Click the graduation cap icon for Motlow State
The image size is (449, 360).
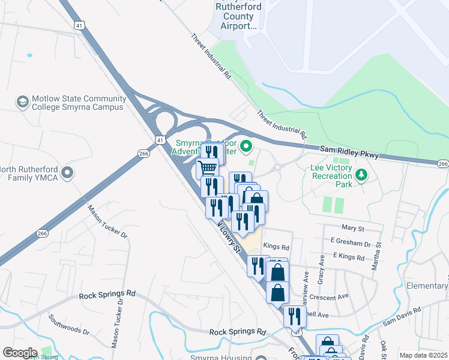[23, 101]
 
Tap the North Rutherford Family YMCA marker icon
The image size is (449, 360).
[67, 173]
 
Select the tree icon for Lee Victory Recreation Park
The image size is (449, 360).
[361, 175]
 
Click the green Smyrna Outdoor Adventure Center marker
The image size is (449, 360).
[246, 146]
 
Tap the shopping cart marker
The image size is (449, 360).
[208, 169]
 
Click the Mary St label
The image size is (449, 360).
[352, 229]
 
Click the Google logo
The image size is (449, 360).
[20, 353]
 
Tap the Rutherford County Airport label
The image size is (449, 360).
[236, 16]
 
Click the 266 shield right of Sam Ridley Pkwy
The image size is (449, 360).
[442, 164]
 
